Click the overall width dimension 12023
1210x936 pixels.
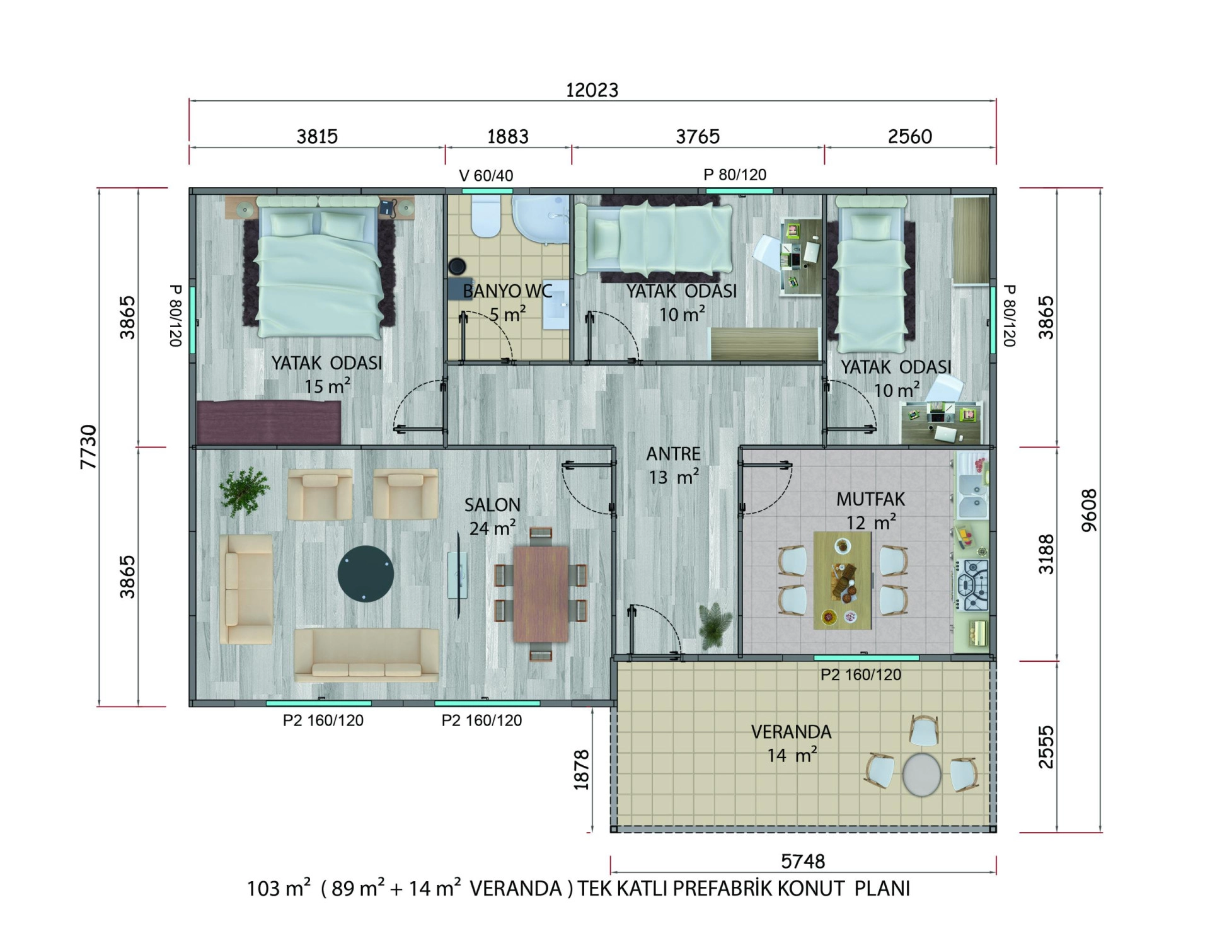(592, 90)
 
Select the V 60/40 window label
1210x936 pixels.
(486, 176)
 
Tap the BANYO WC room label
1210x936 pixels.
(507, 291)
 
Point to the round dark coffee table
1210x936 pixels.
(366, 574)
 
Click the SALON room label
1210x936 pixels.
(492, 505)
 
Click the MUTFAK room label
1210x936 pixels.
(870, 499)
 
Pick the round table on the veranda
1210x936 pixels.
(921, 774)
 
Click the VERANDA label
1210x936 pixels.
(791, 732)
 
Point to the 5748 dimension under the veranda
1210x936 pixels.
(802, 861)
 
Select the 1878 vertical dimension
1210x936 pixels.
(581, 770)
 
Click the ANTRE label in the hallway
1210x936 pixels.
(673, 454)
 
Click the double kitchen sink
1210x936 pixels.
(972, 495)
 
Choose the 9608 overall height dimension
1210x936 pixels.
(1089, 511)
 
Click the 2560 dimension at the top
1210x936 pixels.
(910, 136)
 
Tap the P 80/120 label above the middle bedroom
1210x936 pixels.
(735, 175)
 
